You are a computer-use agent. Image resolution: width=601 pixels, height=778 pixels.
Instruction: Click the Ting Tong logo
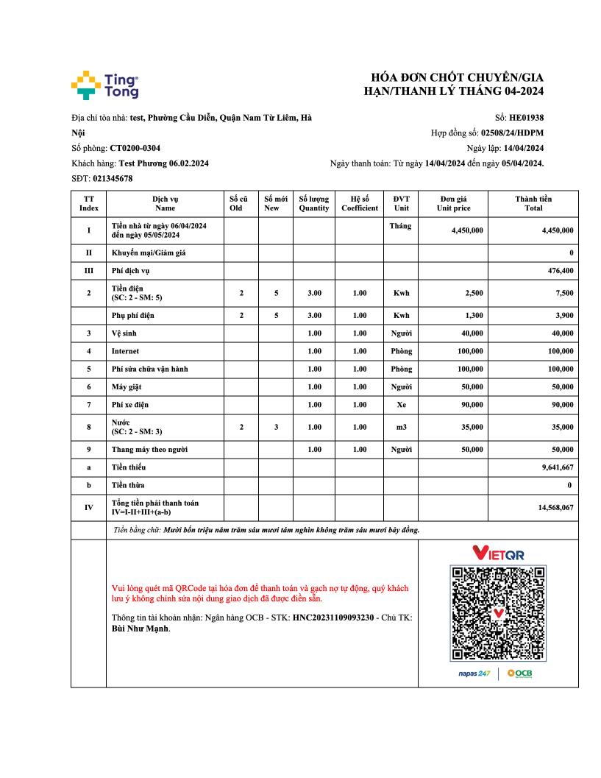pos(104,85)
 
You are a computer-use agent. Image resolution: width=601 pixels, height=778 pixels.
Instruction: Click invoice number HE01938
pos(527,117)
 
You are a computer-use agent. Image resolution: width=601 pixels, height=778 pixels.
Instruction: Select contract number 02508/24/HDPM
pos(512,132)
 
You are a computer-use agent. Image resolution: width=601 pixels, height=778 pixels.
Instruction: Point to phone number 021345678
pos(113,178)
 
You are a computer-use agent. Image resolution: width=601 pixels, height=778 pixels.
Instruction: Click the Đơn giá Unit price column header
pos(453,203)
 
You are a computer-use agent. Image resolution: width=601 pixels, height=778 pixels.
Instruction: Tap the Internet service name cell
pos(125,351)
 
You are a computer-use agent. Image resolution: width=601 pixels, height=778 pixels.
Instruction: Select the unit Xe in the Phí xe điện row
pos(401,404)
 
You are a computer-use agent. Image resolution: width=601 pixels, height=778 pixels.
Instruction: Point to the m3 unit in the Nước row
pos(401,426)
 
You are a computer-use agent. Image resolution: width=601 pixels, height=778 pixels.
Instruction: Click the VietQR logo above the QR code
pos(498,553)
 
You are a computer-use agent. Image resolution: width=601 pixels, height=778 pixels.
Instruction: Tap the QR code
pos(498,613)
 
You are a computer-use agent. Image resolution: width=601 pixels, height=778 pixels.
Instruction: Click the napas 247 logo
pos(474,673)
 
